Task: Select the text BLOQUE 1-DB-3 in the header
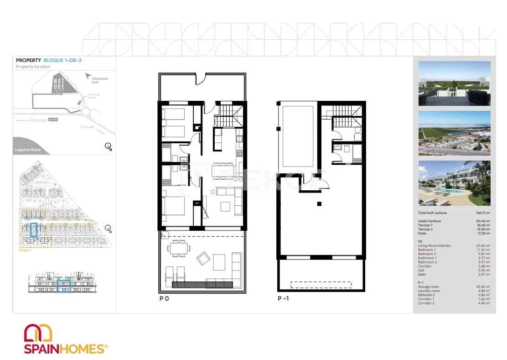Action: (62, 60)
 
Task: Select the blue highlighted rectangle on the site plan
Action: (33, 230)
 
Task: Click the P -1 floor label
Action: (283, 299)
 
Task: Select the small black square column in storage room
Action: (319, 203)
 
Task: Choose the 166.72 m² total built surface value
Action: (482, 213)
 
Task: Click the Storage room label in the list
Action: (429, 287)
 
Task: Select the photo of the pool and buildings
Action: (454, 183)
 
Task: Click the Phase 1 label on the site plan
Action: (25, 250)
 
